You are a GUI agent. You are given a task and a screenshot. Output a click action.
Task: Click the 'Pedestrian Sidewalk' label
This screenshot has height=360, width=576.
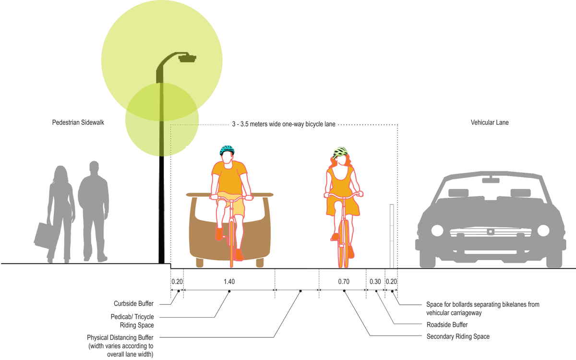click(x=78, y=123)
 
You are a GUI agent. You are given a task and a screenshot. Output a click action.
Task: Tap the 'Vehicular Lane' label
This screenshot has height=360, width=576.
click(x=489, y=123)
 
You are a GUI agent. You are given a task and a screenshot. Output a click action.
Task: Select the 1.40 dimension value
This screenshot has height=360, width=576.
click(x=229, y=282)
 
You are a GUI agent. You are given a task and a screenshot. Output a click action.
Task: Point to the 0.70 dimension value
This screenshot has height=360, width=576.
click(x=344, y=282)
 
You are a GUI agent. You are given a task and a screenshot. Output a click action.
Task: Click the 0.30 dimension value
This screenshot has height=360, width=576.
click(x=375, y=282)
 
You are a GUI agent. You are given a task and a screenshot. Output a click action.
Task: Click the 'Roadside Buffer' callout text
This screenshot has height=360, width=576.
click(x=447, y=324)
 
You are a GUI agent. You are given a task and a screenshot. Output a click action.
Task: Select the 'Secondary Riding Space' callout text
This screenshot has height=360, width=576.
click(x=458, y=336)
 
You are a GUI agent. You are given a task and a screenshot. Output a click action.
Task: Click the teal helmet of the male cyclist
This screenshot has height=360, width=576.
click(x=227, y=150)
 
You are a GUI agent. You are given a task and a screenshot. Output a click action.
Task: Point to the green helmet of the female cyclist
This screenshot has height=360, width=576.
click(x=340, y=152)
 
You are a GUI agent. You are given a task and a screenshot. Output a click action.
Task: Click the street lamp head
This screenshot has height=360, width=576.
click(x=187, y=58)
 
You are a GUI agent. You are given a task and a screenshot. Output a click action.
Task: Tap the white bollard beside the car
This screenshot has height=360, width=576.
click(x=392, y=235)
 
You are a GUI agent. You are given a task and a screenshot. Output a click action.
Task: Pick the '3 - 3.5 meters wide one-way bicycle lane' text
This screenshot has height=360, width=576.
click(x=284, y=125)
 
